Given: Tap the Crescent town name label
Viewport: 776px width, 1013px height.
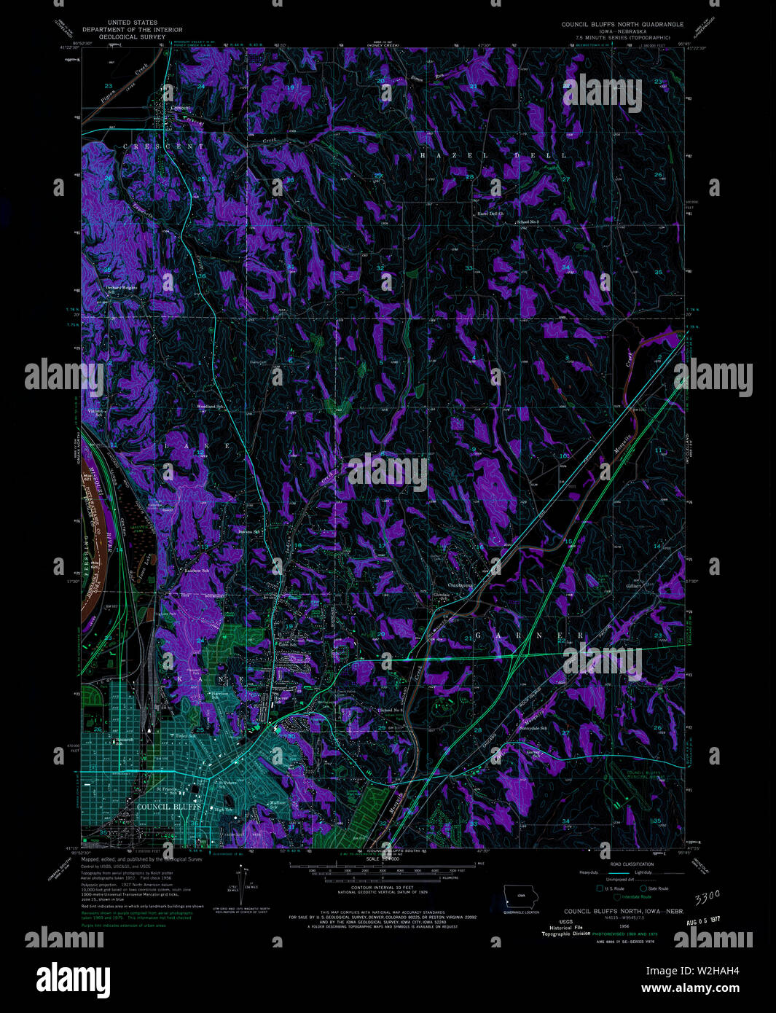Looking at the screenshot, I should [x=180, y=108].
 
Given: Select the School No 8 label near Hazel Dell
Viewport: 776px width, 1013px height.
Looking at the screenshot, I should [x=528, y=221].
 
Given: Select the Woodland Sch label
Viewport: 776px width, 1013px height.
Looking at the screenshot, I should [x=209, y=406].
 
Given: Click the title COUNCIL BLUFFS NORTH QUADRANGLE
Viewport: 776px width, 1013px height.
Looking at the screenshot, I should [x=622, y=24].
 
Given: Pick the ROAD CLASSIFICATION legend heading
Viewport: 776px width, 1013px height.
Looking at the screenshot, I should [x=632, y=864].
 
